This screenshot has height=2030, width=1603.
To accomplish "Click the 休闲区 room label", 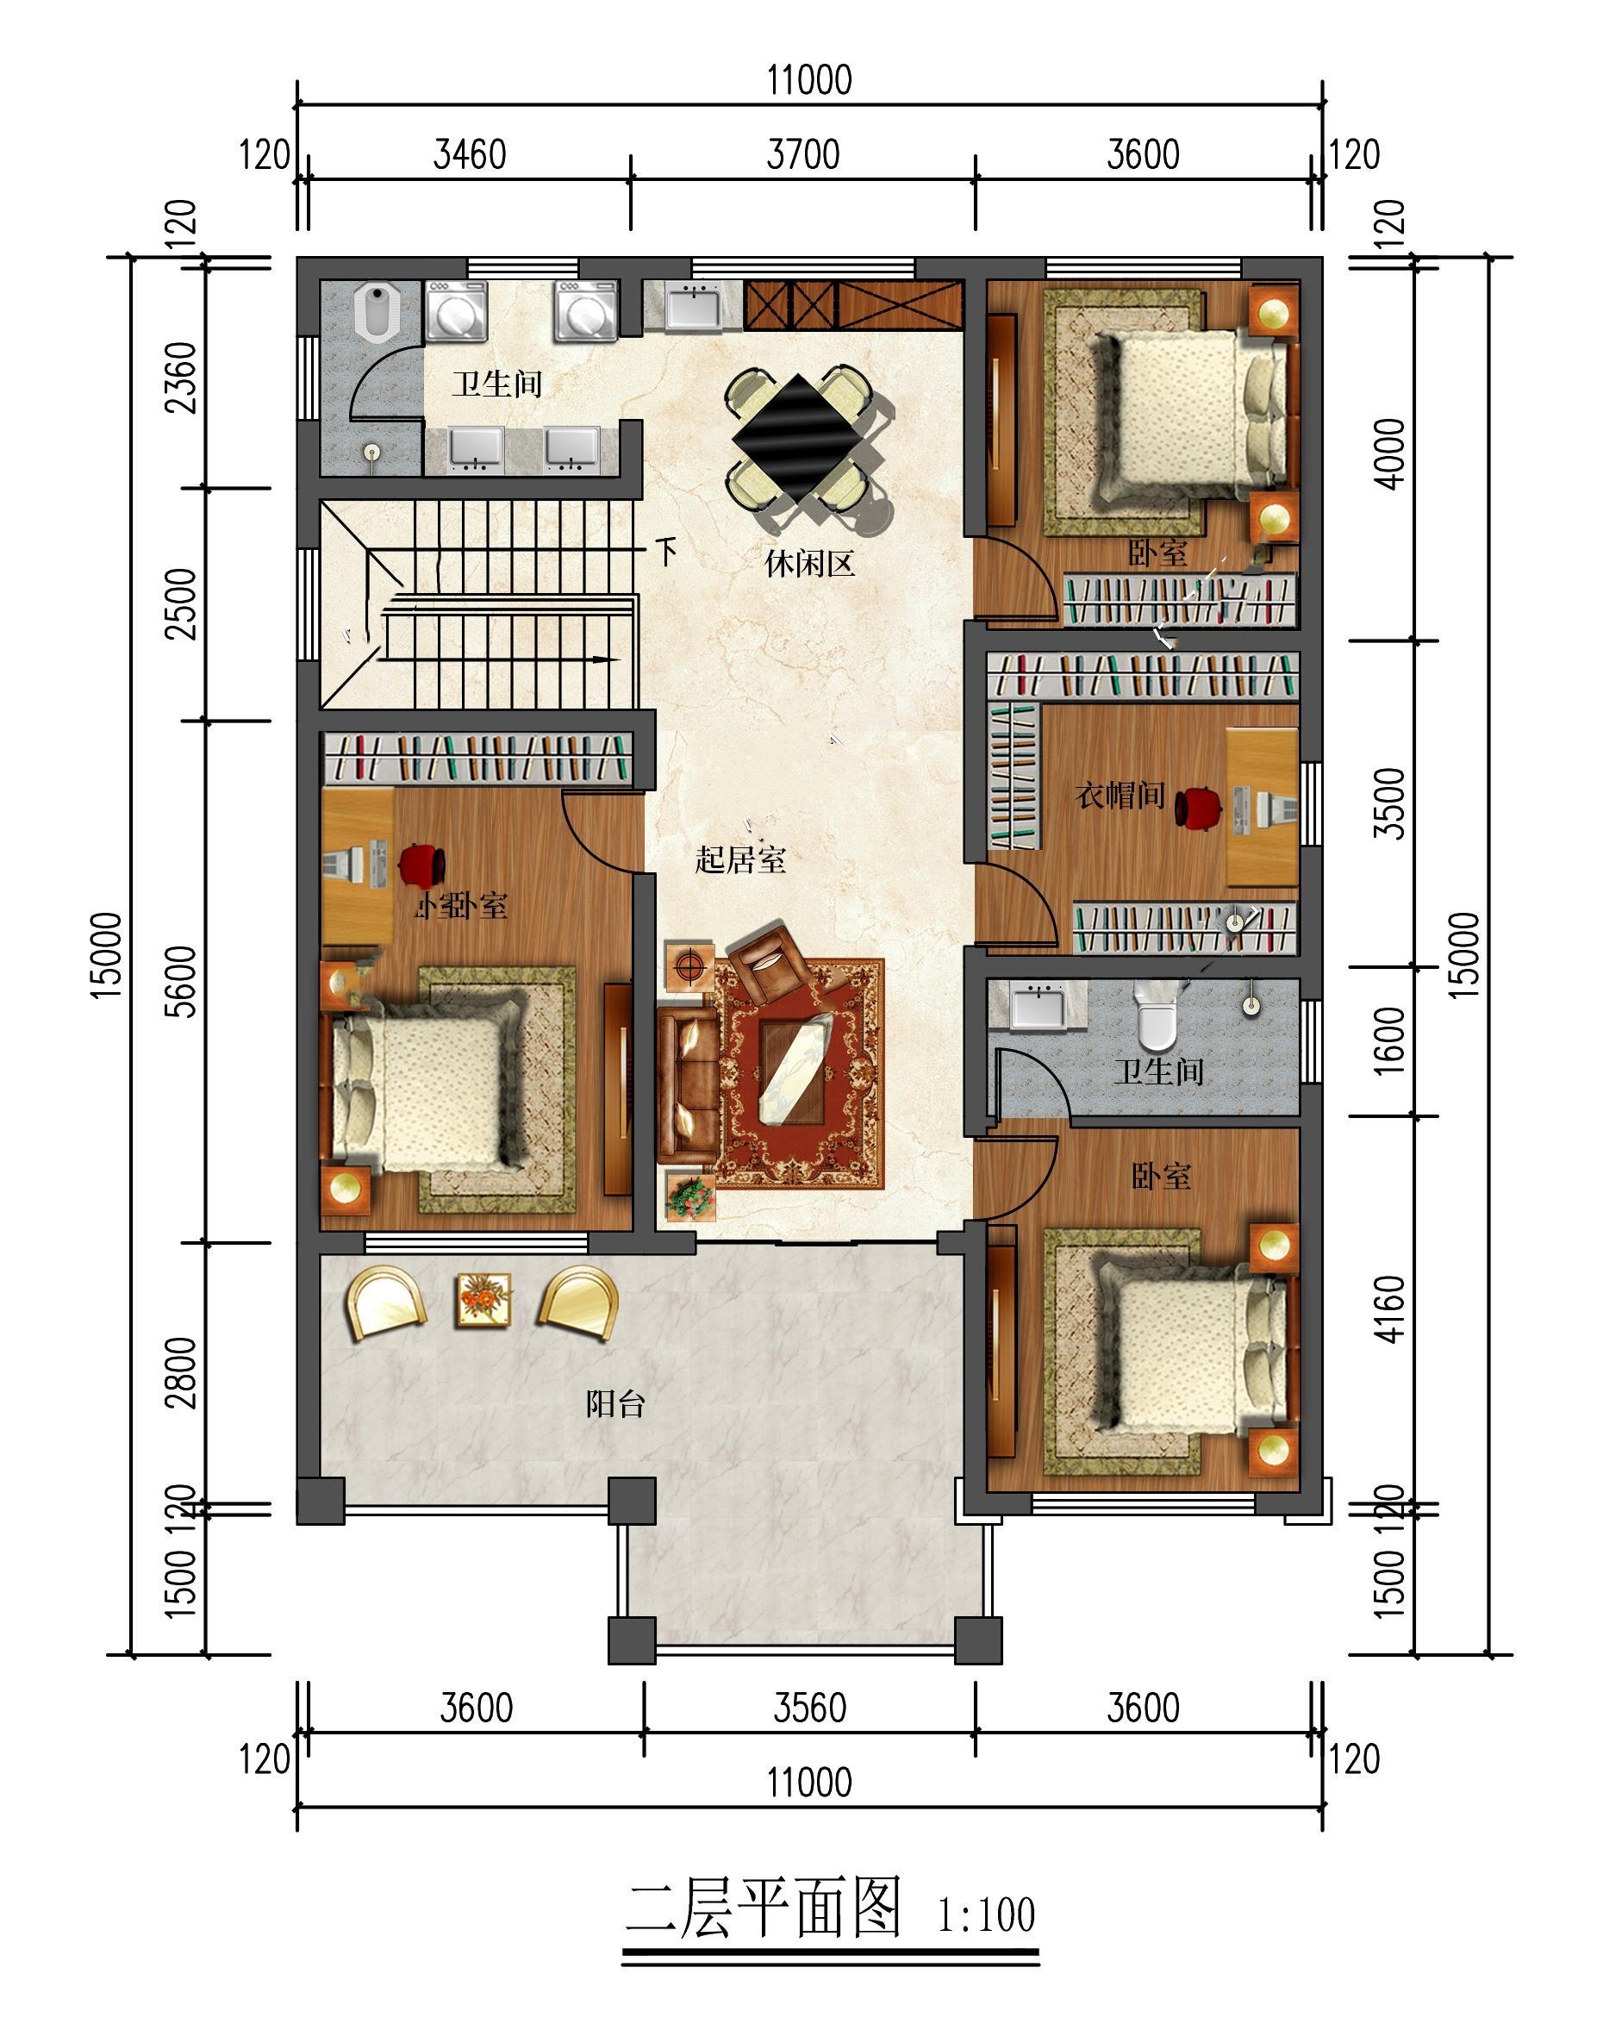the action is coord(809,564).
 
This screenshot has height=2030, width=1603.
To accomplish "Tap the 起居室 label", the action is coord(740,859).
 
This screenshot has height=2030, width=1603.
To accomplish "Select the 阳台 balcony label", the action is coord(615,1404).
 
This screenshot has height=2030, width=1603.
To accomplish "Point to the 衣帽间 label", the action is coord(1120,796).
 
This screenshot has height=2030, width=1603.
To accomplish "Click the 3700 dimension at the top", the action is coord(802,155).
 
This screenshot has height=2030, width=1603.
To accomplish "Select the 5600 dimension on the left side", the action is coord(181,982).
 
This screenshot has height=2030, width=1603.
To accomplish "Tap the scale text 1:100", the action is coord(987,1915).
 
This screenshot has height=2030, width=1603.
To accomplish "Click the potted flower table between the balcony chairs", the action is coord(483,1299).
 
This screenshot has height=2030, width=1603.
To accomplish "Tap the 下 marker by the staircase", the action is coord(665,551).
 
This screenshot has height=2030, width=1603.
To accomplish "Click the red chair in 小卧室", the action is coord(421,865).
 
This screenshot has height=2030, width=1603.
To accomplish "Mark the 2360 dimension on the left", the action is coord(181,378).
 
